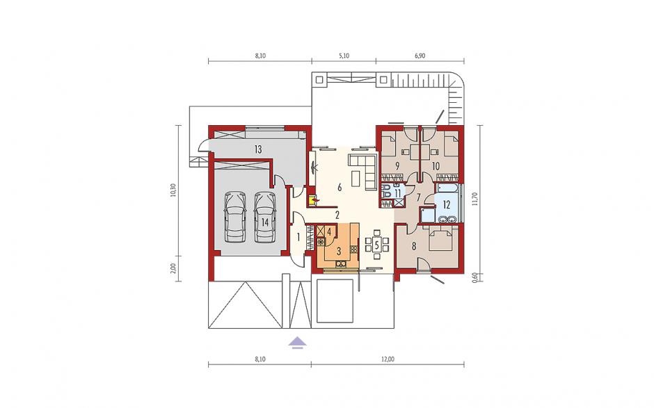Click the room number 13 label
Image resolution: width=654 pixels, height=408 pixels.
click(257, 149)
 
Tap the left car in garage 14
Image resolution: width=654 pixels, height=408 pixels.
click(235, 217)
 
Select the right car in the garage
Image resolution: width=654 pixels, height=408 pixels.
click(265, 217)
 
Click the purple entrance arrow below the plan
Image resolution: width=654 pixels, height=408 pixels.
click(298, 342)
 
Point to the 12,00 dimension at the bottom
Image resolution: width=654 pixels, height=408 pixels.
click(388, 359)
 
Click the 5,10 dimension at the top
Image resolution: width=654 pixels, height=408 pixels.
click(344, 56)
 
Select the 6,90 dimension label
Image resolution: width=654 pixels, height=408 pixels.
click(420, 56)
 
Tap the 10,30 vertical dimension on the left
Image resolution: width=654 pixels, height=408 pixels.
click(173, 190)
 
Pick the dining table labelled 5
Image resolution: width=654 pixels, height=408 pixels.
click(376, 245)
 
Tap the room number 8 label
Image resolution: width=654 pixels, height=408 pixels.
click(414, 247)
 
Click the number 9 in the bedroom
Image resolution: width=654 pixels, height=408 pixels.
click(397, 166)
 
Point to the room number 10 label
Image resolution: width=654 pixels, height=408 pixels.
click(436, 166)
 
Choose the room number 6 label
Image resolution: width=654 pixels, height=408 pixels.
click(340, 188)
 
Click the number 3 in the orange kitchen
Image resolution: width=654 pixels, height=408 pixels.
click(339, 252)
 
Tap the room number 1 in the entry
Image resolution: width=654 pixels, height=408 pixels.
click(298, 238)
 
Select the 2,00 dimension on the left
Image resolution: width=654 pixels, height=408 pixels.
click(173, 268)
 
